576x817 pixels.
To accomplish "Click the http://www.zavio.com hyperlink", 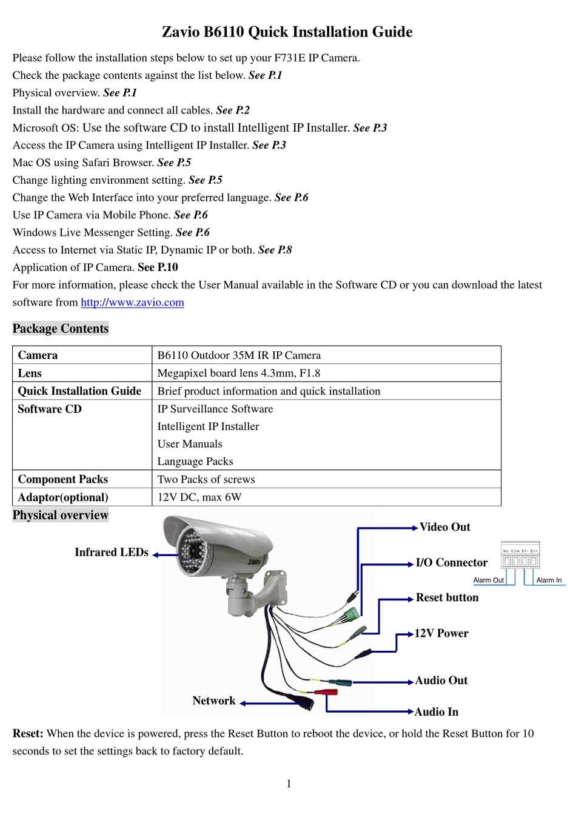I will pos(132,303).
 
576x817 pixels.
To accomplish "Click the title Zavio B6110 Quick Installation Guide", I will pos(287,32).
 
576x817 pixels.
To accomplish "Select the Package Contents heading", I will pos(61,329).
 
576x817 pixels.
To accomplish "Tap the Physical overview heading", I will pos(61,516).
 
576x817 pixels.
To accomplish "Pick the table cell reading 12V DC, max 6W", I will pos(199,497).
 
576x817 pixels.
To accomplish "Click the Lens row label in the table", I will pos(30,373).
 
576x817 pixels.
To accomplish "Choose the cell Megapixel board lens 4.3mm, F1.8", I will pos(239,373).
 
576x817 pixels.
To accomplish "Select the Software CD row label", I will pos(50,409).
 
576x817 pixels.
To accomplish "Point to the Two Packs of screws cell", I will pos(206,480).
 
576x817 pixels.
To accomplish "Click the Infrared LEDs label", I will pos(112,553).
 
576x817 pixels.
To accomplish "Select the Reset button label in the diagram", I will pos(447,598).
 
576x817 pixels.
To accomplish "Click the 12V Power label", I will pos(441,634).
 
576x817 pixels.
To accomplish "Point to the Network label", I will pos(214,701).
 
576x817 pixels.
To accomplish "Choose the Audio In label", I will pos(437,712).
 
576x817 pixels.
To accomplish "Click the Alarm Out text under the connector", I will pos(489,580).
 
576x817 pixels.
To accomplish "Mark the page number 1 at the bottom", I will pos(289,784).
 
